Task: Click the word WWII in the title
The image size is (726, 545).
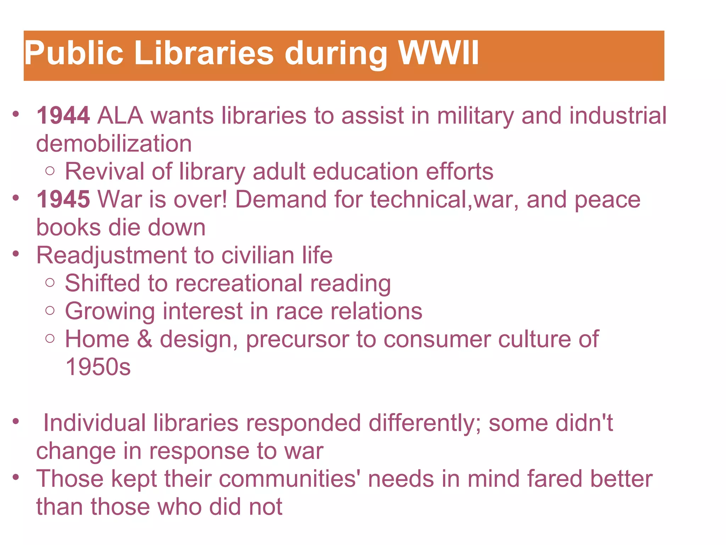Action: (x=439, y=53)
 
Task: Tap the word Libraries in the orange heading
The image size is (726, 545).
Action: (x=204, y=53)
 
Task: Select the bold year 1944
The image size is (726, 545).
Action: (x=63, y=116)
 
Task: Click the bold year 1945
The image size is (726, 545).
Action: (x=63, y=199)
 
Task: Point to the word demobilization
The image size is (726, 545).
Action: (x=114, y=144)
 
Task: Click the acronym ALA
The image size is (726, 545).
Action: (x=120, y=116)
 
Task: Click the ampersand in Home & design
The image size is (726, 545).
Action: (x=144, y=339)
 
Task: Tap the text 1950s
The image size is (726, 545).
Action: (x=98, y=367)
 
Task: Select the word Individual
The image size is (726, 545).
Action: (x=94, y=423)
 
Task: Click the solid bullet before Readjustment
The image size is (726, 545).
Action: (x=15, y=254)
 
